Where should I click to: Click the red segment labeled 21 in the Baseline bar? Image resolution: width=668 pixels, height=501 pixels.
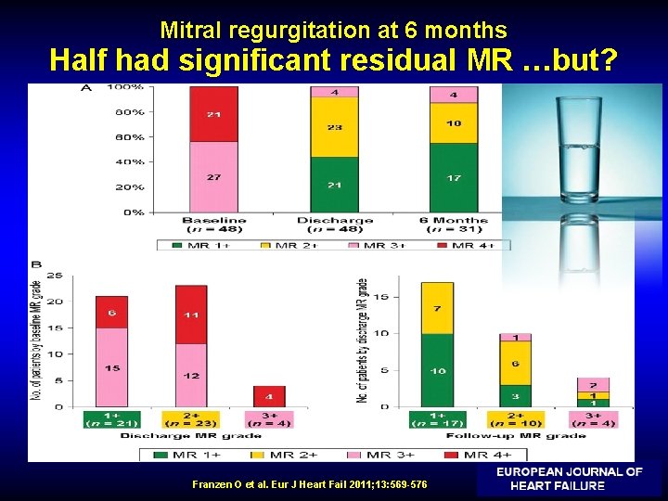click(x=213, y=114)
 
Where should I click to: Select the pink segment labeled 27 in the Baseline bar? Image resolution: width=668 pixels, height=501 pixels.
click(x=213, y=176)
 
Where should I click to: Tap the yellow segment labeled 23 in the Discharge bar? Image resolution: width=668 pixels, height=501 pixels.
click(x=334, y=127)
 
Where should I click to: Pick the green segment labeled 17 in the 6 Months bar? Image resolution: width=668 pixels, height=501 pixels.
click(x=454, y=177)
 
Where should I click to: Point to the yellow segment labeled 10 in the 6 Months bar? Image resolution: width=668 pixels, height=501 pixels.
click(x=454, y=122)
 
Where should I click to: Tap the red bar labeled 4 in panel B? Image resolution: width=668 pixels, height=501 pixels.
click(x=270, y=396)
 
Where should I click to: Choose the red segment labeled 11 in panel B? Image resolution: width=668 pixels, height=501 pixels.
click(x=191, y=315)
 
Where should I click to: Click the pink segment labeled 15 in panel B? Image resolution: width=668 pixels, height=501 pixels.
click(x=111, y=367)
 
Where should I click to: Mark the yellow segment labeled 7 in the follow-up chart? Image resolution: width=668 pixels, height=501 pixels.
click(x=437, y=308)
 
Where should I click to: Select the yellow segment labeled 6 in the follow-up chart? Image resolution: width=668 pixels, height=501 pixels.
click(x=515, y=363)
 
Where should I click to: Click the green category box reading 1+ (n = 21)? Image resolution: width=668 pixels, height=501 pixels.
click(x=111, y=419)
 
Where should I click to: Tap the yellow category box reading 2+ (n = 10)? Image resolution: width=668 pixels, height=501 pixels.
click(x=514, y=419)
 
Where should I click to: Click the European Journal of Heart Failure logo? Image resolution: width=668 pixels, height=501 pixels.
click(x=569, y=479)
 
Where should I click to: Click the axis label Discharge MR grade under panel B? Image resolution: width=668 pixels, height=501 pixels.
click(x=189, y=435)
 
